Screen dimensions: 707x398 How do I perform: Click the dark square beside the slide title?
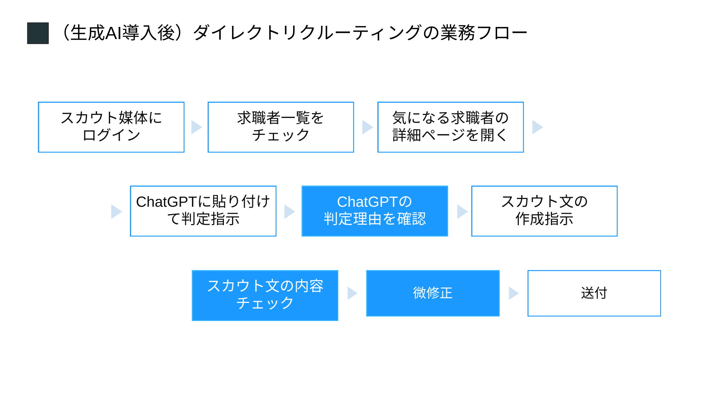pos(38,33)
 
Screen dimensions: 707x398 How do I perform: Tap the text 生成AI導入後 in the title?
pos(123,33)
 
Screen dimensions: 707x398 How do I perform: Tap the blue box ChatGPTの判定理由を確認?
pos(375,211)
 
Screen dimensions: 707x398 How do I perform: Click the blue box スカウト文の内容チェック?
pos(265,295)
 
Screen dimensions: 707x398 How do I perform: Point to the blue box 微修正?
pos(433,293)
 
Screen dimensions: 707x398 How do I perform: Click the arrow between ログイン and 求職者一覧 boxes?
pos(196,127)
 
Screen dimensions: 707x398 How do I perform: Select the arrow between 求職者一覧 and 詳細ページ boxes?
pos(367,127)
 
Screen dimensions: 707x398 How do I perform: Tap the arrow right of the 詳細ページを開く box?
pos(538,127)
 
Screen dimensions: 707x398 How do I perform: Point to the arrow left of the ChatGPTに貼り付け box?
pos(116,212)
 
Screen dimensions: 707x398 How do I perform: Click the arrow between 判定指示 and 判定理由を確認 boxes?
pos(289,212)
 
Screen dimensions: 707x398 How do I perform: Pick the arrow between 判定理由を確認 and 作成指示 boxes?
pos(462,212)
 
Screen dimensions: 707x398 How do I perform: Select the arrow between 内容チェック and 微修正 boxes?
pos(352,293)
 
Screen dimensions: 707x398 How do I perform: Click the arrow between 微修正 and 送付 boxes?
pos(514,293)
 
